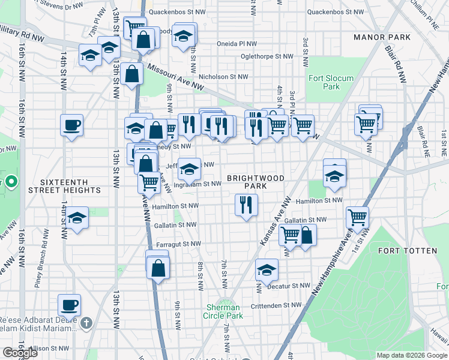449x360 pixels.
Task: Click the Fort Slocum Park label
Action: tap(331, 82)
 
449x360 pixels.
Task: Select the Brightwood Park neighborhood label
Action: tap(255, 182)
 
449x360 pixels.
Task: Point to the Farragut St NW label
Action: tap(178, 244)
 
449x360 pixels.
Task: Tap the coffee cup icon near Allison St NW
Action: tap(69, 304)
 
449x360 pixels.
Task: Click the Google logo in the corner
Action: tap(20, 353)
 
